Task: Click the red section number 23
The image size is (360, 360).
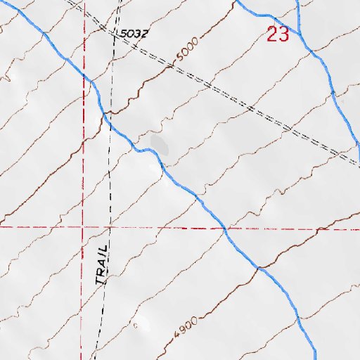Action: pyautogui.click(x=278, y=33)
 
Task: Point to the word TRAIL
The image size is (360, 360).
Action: pyautogui.click(x=103, y=265)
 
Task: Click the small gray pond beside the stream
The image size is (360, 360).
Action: pyautogui.click(x=160, y=146)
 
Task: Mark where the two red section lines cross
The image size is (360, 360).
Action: pyautogui.click(x=83, y=227)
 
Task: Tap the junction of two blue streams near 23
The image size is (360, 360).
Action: pyautogui.click(x=301, y=34)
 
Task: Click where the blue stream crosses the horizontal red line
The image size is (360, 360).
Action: pyautogui.click(x=224, y=229)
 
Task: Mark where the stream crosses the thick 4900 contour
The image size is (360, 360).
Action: pyautogui.click(x=259, y=268)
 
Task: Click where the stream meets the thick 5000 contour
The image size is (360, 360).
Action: pyautogui.click(x=105, y=112)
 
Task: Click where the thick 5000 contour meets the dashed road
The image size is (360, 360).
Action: pyautogui.click(x=171, y=67)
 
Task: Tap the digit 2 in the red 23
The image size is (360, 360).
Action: pyautogui.click(x=272, y=33)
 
